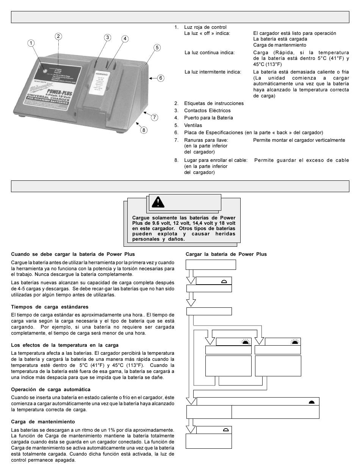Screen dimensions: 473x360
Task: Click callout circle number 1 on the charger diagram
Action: pos(31,43)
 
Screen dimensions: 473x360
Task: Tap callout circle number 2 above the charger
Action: pos(58,36)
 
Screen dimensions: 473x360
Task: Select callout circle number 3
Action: pos(108,37)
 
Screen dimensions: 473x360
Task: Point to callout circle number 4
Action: pos(125,39)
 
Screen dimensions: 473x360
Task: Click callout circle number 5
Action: pos(157,47)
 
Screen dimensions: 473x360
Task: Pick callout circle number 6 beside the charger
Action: pos(161,78)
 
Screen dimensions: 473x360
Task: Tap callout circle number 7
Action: pos(154,117)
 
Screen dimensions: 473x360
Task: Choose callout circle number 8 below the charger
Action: pos(143,130)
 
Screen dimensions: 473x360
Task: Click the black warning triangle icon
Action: pos(158,202)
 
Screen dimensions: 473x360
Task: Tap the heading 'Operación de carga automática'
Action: pos(51,389)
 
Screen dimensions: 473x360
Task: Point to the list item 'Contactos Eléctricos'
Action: pos(207,111)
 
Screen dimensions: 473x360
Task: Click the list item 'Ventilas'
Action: pos(193,125)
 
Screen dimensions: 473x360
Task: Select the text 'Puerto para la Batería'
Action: pos(208,118)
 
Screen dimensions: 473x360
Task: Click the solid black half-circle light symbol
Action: pos(311,402)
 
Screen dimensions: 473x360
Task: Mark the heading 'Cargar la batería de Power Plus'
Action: pos(226,254)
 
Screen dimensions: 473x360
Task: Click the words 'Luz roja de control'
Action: pos(205,27)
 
